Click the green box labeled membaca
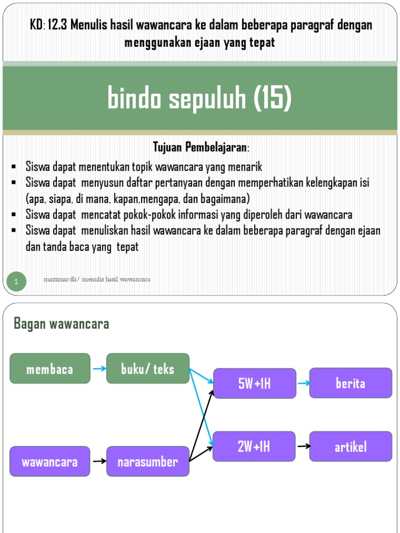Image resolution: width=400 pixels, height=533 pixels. pos(50,369)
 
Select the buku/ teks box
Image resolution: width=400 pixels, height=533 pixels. pos(148,369)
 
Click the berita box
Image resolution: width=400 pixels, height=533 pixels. pos(351,384)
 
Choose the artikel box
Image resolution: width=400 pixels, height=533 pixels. pos(351,447)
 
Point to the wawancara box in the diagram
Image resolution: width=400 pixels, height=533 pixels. pos(50,461)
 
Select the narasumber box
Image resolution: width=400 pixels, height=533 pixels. pos(148,461)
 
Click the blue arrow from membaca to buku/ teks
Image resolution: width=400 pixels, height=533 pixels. pos(98,369)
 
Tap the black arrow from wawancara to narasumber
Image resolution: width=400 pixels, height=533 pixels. pos(98,461)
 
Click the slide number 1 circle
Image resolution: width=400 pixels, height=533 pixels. pos(16,282)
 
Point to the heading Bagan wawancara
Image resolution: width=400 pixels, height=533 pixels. pos(61,324)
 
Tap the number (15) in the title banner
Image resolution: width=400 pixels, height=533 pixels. pos(272,98)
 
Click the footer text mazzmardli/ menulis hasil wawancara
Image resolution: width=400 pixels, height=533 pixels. pos(97,280)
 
